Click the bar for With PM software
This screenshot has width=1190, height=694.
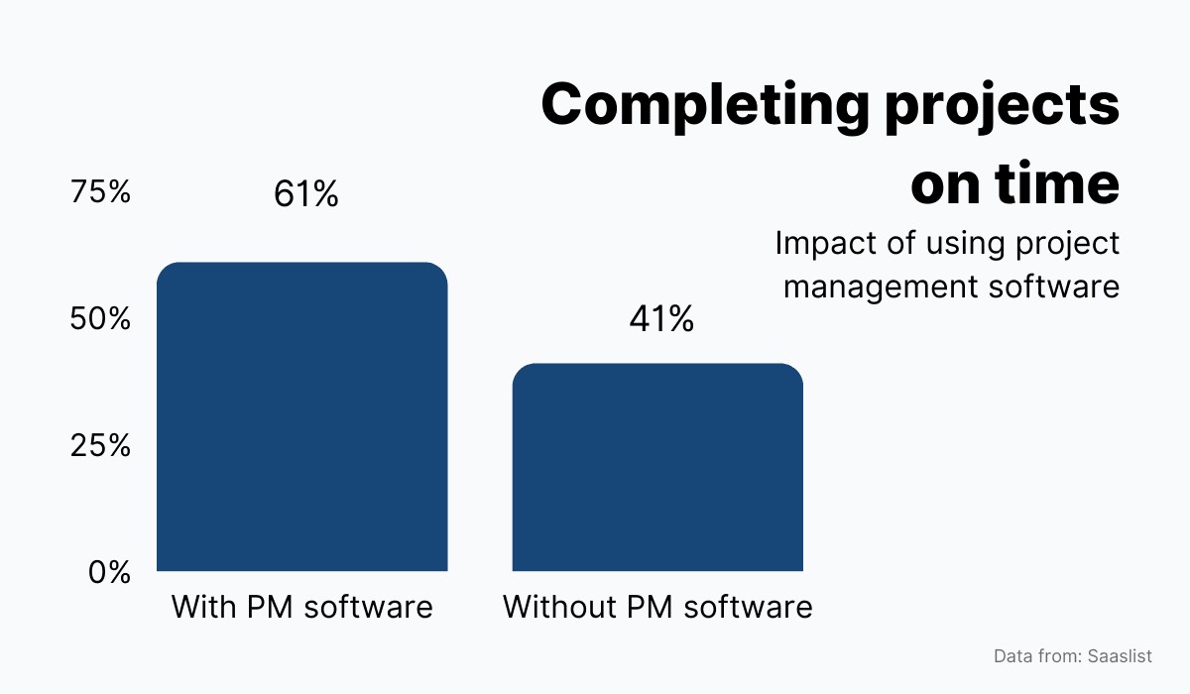click(302, 416)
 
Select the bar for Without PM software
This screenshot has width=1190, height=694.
click(657, 467)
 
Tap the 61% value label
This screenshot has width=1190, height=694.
click(306, 194)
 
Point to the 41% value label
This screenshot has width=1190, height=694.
click(661, 319)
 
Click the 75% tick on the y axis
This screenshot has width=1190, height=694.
click(100, 192)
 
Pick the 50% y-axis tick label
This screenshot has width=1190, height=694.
click(100, 319)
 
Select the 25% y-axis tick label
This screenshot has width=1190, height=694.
click(100, 446)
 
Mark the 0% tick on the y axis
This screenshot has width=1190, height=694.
click(109, 573)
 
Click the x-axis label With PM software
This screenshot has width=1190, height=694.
click(302, 607)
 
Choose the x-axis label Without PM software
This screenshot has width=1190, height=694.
click(657, 607)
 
